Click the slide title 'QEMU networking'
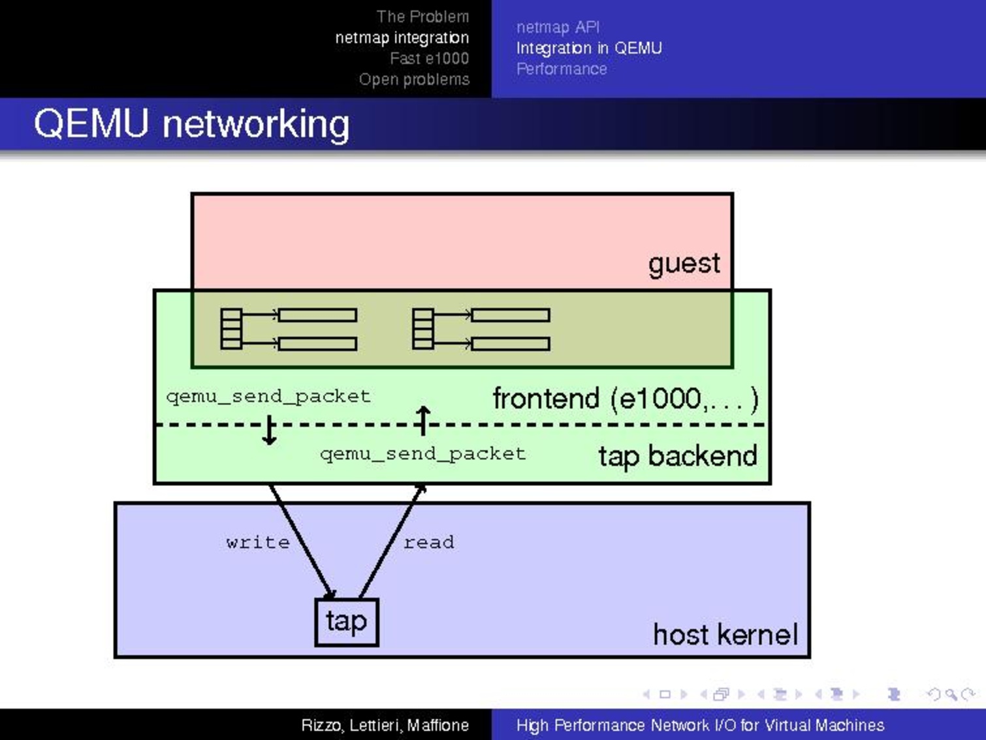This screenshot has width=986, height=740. coord(191,124)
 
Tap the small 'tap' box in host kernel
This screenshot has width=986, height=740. coord(346,622)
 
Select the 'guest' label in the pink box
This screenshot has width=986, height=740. coord(684,263)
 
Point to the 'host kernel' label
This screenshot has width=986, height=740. coord(725,634)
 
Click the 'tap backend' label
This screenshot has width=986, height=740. coord(677,456)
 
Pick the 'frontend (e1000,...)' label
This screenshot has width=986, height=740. coord(626,398)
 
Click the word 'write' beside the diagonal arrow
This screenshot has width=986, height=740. coord(258,542)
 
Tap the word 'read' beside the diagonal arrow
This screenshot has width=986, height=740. coord(428,542)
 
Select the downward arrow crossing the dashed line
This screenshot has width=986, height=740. coord(269,430)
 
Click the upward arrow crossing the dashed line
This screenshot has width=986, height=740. coord(423,420)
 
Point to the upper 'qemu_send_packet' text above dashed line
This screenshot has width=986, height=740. coord(268,396)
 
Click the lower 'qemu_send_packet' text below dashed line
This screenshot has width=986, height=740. coord(422,454)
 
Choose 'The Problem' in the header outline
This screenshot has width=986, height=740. coord(422,16)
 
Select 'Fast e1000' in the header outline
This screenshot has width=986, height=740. coord(429,58)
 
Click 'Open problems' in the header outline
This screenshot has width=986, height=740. coord(414,79)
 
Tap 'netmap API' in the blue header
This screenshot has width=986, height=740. coord(558,27)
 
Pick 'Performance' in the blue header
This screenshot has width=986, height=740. coord(562,69)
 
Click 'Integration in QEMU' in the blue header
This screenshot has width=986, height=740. coord(589,48)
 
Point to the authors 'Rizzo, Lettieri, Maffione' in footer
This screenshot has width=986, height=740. coord(385,725)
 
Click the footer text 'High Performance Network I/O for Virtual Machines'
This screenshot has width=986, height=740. coord(700,725)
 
